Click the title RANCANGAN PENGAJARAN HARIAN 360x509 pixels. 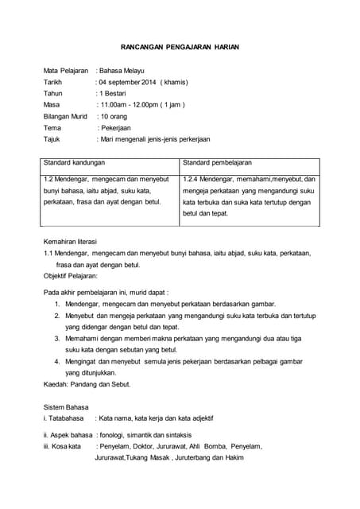pos(180,48)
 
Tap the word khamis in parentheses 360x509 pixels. pos(173,82)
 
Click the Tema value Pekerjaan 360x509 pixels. pos(116,127)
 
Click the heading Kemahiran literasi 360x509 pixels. pos(76,240)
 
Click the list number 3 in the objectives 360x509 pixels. pos(57,338)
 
